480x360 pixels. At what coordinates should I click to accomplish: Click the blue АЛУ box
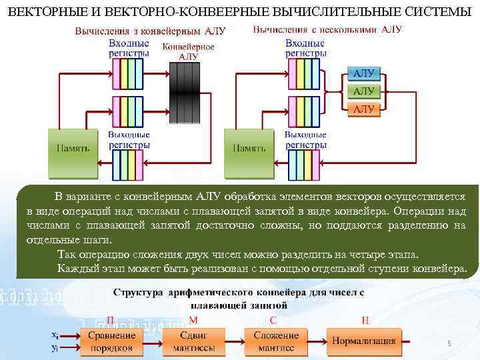coord(363,74)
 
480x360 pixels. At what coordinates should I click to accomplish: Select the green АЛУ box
coord(363,91)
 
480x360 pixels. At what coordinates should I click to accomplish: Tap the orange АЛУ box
coord(363,108)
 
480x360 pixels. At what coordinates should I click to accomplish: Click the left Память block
coord(73,148)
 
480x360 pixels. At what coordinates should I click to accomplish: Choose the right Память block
coord(249,148)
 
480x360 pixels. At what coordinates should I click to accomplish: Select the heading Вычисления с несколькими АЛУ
coord(327,30)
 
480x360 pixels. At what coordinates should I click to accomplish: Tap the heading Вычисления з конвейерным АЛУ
coord(150,31)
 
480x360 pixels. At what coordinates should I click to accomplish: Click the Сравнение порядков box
coord(111,341)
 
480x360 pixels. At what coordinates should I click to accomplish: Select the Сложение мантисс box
coord(274,341)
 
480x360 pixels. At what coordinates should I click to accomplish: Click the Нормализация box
coord(365,341)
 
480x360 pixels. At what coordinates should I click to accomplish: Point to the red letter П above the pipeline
coord(111,321)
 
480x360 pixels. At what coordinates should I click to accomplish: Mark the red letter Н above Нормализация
coord(365,321)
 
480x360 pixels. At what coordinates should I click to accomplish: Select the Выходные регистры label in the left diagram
coord(129,139)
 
